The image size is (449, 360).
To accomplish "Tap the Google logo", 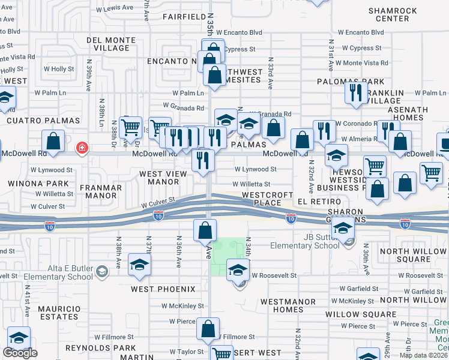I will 20,353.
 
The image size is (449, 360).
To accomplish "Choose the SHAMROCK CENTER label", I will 388,14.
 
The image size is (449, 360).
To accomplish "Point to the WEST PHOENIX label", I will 163,289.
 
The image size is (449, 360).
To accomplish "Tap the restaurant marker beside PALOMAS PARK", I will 356,94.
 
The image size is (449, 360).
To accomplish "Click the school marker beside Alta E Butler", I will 139,266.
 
